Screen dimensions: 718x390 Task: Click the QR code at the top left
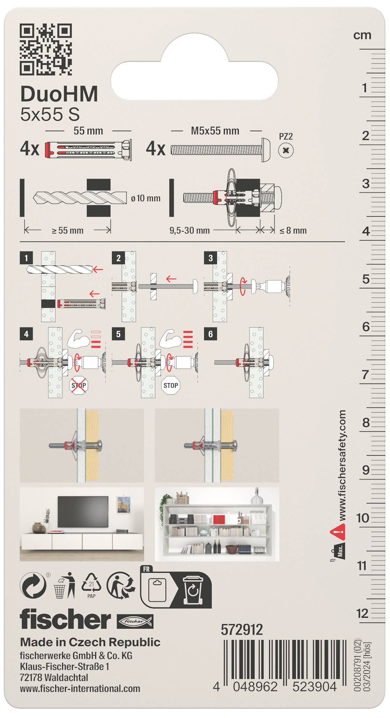(x=46, y=49)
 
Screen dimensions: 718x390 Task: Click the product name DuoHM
(x=59, y=94)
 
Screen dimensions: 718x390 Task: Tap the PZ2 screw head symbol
(x=286, y=151)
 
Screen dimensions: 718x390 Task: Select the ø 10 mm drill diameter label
(x=146, y=198)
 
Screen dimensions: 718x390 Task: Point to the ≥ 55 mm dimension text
(x=67, y=230)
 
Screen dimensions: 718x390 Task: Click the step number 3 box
(x=211, y=258)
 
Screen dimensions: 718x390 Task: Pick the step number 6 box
(x=211, y=334)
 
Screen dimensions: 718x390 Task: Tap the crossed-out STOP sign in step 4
(x=79, y=386)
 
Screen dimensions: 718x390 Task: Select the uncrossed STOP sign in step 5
(x=171, y=386)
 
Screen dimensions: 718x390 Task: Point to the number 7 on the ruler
(x=365, y=375)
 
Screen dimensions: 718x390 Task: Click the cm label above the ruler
(x=362, y=35)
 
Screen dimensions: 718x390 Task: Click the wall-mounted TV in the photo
(x=83, y=512)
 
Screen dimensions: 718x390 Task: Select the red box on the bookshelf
(x=219, y=519)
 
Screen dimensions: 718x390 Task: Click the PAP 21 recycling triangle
(x=91, y=584)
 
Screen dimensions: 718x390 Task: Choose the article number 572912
(x=242, y=630)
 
